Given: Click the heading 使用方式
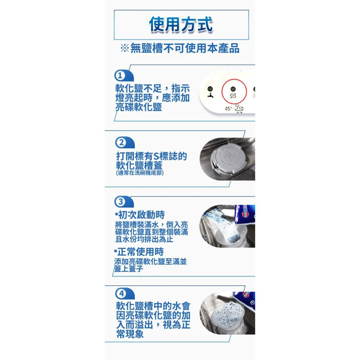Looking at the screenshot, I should click(181, 25).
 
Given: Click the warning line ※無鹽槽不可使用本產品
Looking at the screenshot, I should click(180, 48).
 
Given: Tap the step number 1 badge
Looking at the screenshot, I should click(120, 76).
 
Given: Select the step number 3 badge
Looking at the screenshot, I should click(120, 201).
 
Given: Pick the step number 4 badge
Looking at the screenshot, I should click(121, 293).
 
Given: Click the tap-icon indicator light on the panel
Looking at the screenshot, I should click(210, 90).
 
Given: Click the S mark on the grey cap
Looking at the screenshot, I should click(229, 157).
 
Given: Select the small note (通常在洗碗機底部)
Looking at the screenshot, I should click(140, 173).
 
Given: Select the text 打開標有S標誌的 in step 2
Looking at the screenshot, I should click(151, 156).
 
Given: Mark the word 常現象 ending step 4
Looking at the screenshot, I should click(130, 334).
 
